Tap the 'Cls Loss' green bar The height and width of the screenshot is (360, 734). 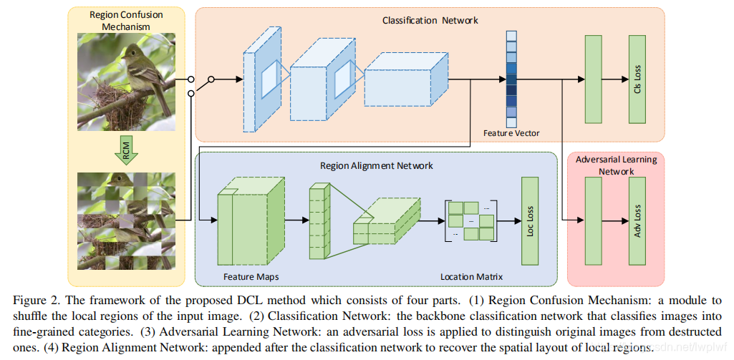[x=637, y=78]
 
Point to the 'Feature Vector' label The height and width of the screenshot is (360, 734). [x=511, y=133]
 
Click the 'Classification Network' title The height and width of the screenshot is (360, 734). [x=430, y=21]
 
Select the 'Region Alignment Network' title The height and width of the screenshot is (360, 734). [x=376, y=165]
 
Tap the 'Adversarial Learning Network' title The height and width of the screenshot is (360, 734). [x=615, y=165]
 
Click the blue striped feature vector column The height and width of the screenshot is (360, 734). [x=511, y=78]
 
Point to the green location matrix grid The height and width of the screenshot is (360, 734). [x=470, y=220]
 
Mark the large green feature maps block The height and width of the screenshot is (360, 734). [x=243, y=220]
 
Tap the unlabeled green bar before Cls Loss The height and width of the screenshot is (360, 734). [x=593, y=78]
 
